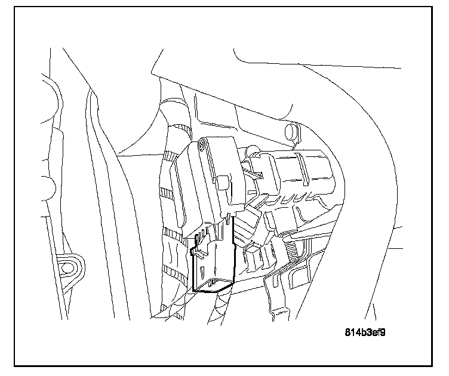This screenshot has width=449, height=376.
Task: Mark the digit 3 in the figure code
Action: coord(365,332)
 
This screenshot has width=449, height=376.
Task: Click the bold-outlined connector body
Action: coord(213,263)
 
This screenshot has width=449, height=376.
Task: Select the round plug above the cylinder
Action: coord(292,131)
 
